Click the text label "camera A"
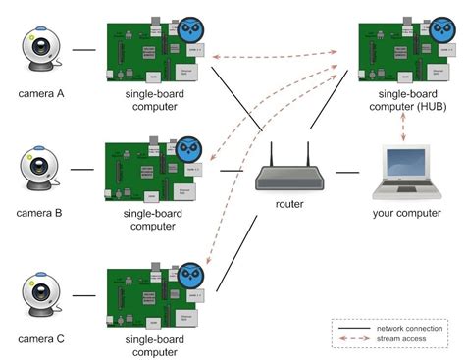click(x=42, y=95)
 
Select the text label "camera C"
click(x=42, y=339)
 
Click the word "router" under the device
click(x=290, y=205)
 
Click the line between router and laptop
click(x=347, y=172)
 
